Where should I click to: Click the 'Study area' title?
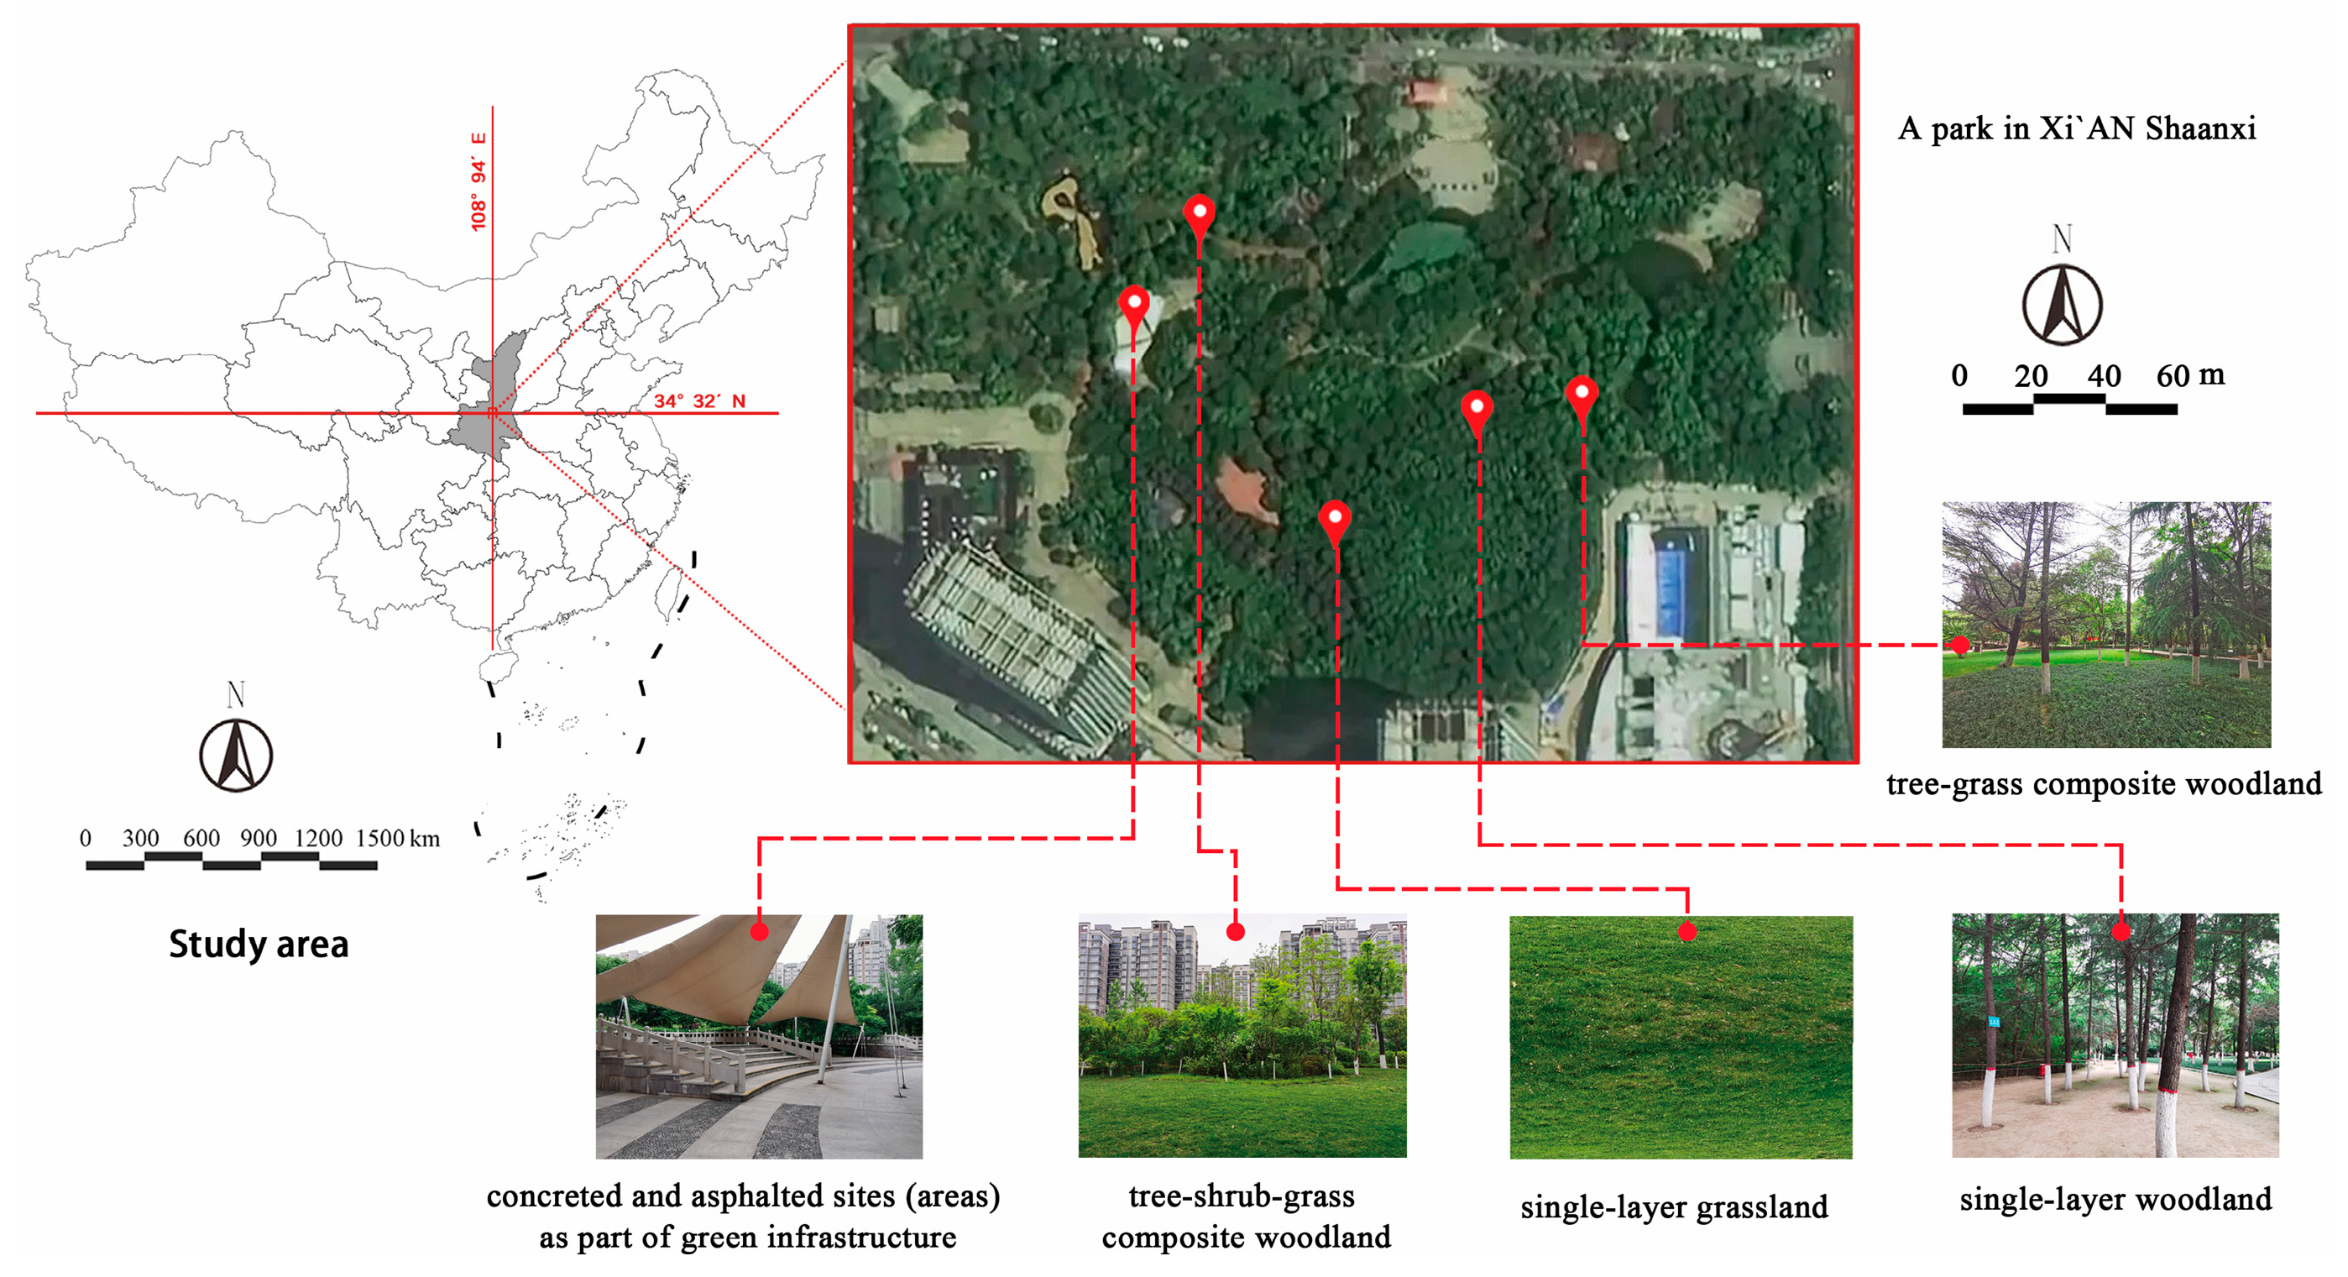(x=259, y=945)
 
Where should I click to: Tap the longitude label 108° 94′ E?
(x=478, y=182)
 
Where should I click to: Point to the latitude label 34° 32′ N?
(x=699, y=401)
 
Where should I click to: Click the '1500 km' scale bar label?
(x=397, y=839)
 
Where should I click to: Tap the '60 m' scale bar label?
(x=2190, y=374)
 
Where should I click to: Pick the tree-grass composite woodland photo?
(x=2105, y=625)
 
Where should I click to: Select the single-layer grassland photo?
(x=1681, y=1037)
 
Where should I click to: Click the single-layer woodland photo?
(x=2115, y=1035)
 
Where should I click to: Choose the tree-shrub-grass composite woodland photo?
(x=1242, y=1035)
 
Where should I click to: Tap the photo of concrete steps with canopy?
(x=759, y=1037)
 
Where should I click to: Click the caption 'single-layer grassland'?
(x=1675, y=1206)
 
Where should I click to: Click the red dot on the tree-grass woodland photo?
(x=1959, y=646)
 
